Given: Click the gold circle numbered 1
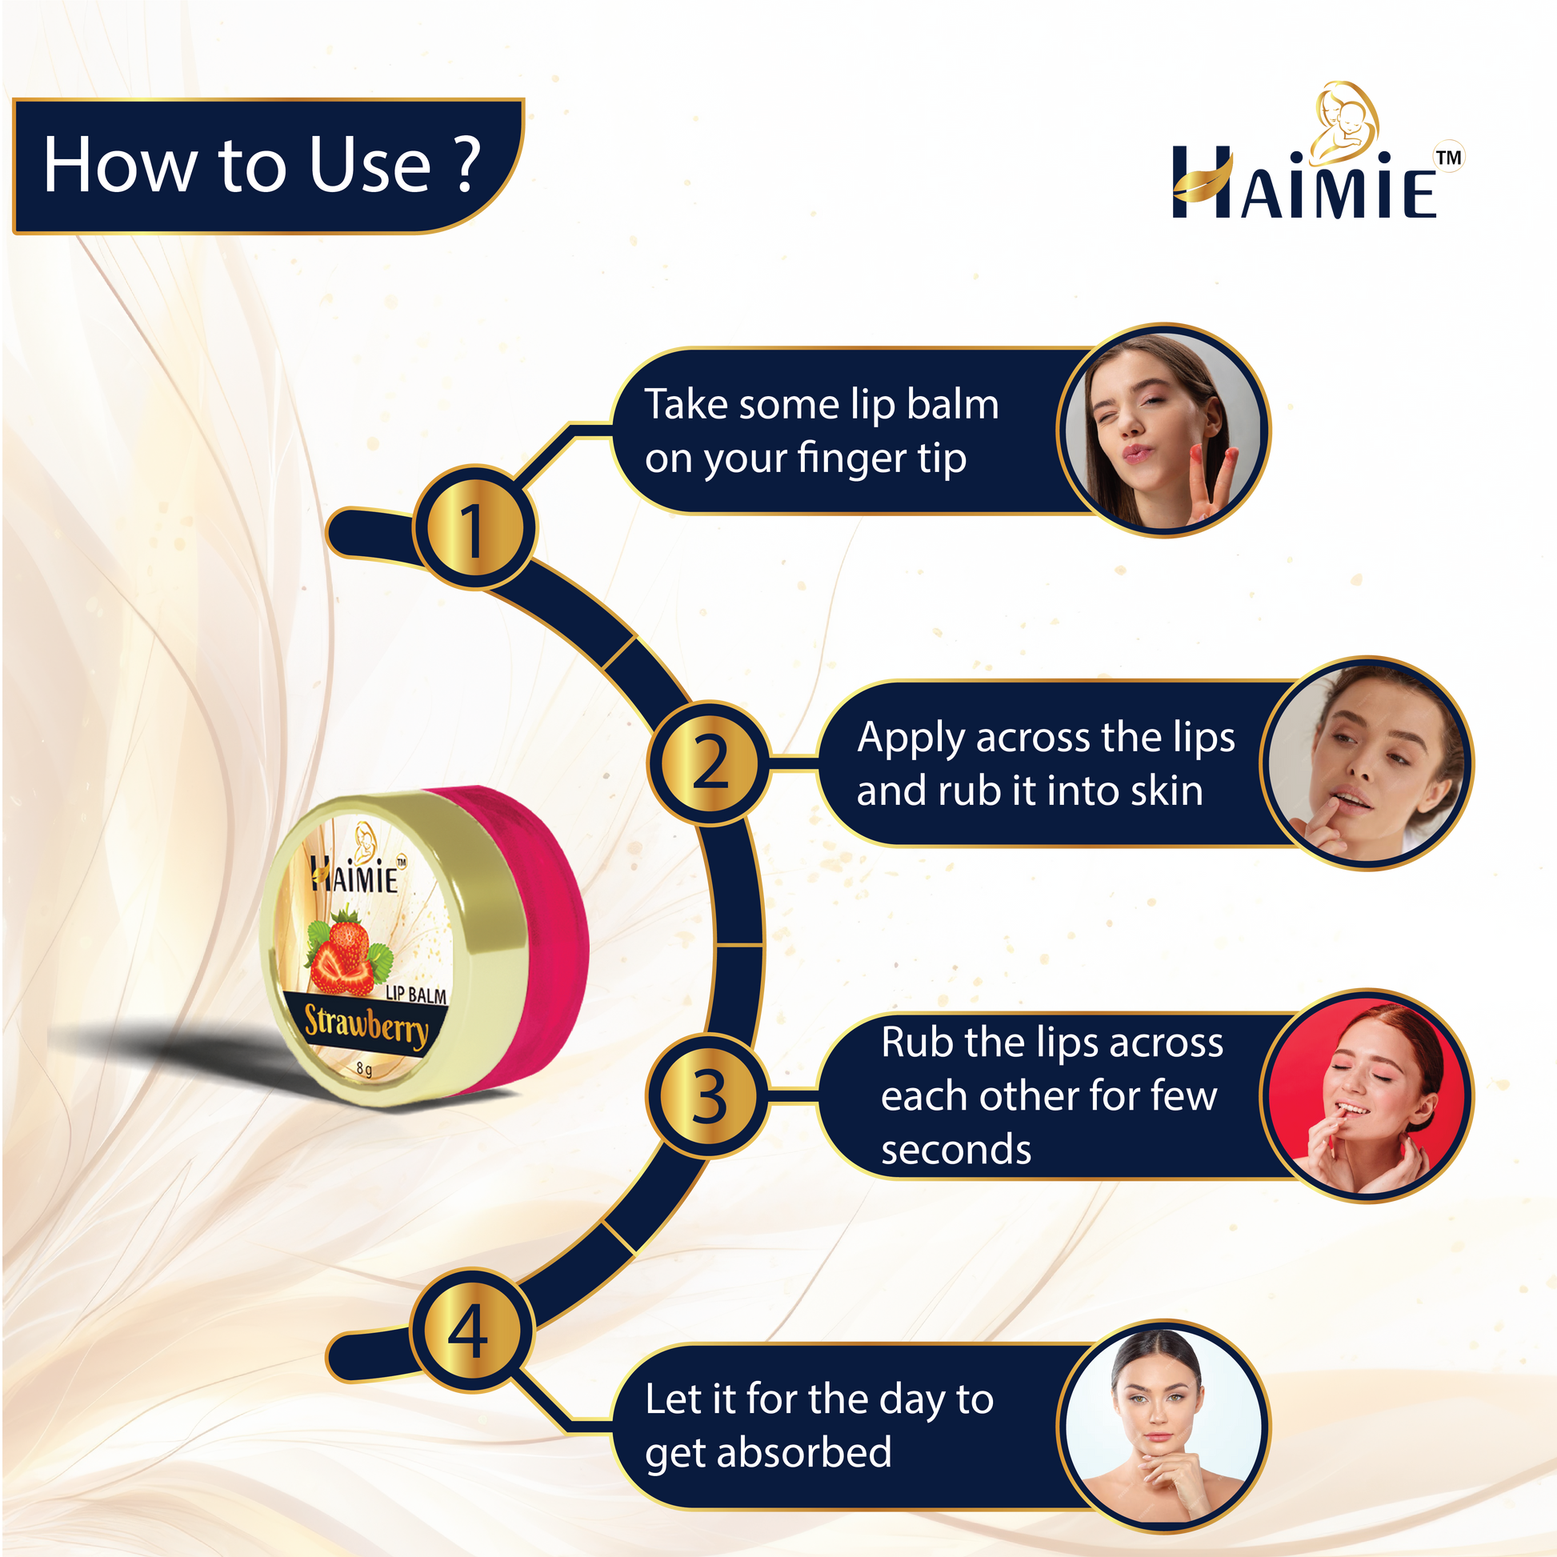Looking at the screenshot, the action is pos(474,528).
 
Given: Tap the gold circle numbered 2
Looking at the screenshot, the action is pos(709,762).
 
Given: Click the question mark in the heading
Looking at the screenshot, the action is pos(467,163).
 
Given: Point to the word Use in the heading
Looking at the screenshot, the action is pos(370,164).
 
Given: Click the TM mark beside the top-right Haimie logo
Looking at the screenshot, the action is pos(1448,157).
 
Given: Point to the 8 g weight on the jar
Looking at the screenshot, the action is pos(364,1070).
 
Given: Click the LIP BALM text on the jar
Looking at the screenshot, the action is pos(416,995).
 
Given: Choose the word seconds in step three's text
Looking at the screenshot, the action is pos(956,1150).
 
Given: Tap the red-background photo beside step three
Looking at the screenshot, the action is pos(1367,1096).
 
